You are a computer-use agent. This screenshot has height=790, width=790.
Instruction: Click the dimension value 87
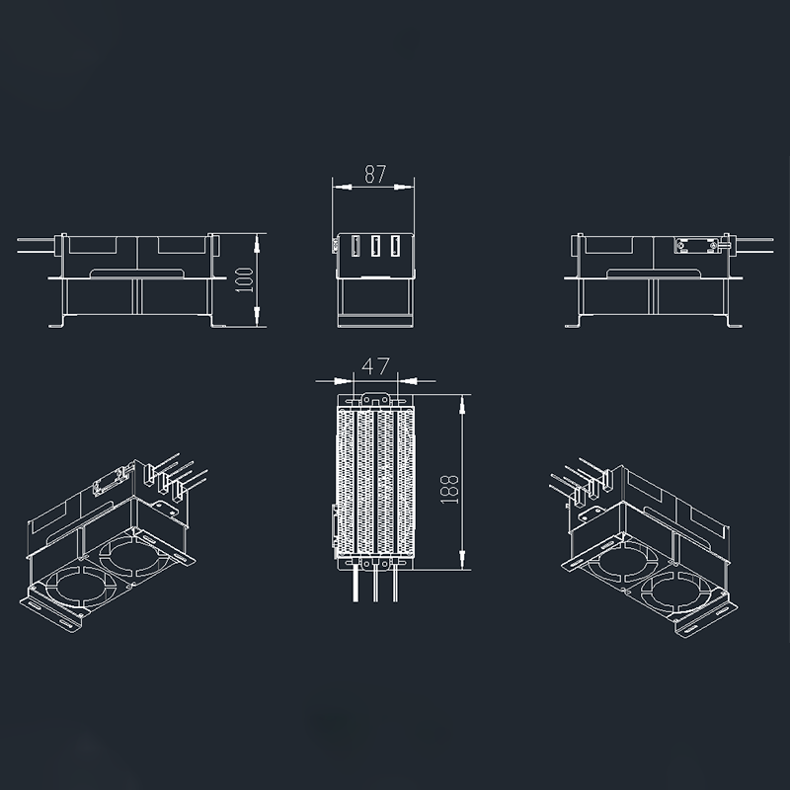[x=375, y=174]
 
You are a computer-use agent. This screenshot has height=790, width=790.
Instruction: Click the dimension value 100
[x=245, y=279]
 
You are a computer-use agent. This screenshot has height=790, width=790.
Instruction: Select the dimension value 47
[x=375, y=366]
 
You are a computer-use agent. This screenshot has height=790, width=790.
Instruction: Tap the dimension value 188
[x=449, y=489]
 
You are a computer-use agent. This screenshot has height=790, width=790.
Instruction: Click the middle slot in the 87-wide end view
[x=375, y=246]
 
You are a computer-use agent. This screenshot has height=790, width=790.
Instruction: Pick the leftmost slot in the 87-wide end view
[x=355, y=246]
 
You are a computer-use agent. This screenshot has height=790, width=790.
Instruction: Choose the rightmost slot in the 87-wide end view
[x=396, y=246]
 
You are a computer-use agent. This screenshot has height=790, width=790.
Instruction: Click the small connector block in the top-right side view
[x=696, y=245]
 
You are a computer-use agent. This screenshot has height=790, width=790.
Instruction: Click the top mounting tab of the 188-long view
[x=376, y=400]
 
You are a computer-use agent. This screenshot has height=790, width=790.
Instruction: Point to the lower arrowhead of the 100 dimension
[x=257, y=316]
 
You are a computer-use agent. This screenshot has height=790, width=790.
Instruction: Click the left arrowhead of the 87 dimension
[x=342, y=187]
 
